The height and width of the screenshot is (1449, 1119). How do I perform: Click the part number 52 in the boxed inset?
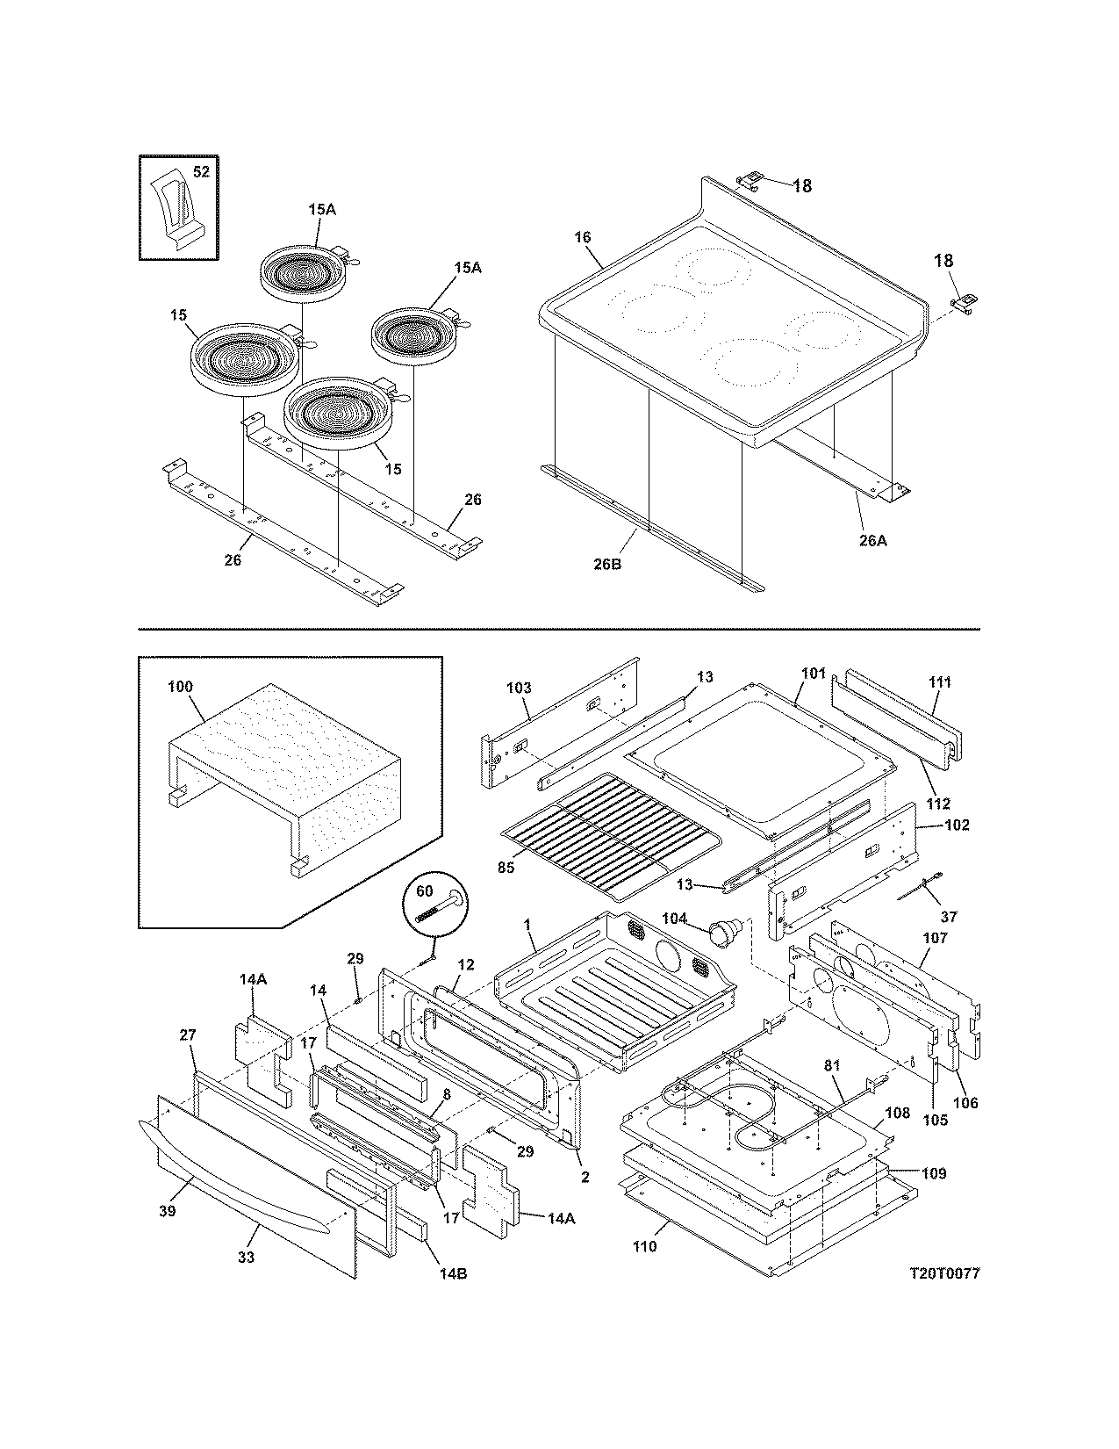(201, 172)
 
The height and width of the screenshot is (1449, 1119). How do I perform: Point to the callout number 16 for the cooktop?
(583, 237)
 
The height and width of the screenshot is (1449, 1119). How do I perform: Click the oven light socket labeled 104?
(725, 931)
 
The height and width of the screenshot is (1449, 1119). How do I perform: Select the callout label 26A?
(872, 541)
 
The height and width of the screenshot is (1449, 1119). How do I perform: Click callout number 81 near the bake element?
(832, 1065)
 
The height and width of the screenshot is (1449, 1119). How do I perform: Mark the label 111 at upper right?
(939, 681)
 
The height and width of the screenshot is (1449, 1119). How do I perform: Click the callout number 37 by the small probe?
(948, 916)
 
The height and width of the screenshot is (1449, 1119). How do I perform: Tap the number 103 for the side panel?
(519, 688)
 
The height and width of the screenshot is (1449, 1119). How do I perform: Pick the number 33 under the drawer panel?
(247, 1258)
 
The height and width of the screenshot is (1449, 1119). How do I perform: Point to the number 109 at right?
(935, 1173)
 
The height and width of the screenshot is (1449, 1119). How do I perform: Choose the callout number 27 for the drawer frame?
(188, 1035)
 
